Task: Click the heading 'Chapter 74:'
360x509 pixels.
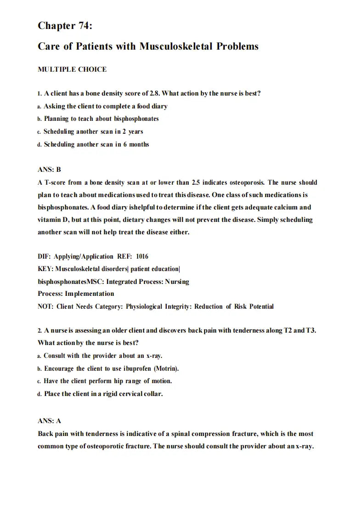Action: pos(65,26)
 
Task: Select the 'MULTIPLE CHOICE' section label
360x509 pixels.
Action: pos(72,69)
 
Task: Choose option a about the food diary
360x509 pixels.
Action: pos(105,106)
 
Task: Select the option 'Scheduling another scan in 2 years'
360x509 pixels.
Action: pos(93,131)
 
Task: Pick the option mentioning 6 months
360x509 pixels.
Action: pos(96,144)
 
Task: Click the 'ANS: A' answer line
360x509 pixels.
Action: pos(49,421)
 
